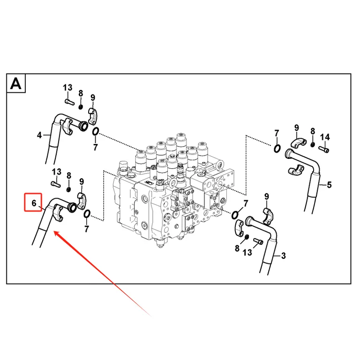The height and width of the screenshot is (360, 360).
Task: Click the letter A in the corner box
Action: pos(16,83)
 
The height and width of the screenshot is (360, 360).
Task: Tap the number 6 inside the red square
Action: pos(34,203)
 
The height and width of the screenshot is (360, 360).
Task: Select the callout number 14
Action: pos(325,137)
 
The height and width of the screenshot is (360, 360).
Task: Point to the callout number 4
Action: pos(39,135)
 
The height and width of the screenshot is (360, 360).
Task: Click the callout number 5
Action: pos(329,185)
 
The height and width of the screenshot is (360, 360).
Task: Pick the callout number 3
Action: pos(283,255)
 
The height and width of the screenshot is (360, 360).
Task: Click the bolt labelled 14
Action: pos(324,150)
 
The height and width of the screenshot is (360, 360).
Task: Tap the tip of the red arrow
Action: pos(54,232)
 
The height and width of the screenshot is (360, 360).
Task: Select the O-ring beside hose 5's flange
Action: pos(277,148)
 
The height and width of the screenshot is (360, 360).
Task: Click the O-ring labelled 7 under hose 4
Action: pos(96,132)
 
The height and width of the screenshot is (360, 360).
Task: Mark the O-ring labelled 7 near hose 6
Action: pos(87,214)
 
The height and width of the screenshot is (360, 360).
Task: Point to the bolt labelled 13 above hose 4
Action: pos(69,102)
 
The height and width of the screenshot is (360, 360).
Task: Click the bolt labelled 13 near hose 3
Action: pos(258,241)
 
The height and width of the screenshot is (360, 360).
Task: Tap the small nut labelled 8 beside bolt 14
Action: pos(313,144)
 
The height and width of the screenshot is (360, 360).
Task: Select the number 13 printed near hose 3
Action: pos(247,253)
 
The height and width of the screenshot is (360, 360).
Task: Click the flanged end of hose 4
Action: pos(83,127)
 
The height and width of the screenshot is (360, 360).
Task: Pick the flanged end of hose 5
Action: pos(288,153)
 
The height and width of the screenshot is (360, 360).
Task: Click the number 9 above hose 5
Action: pos(296,127)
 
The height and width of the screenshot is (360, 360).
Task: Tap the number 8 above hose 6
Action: pos(69,176)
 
